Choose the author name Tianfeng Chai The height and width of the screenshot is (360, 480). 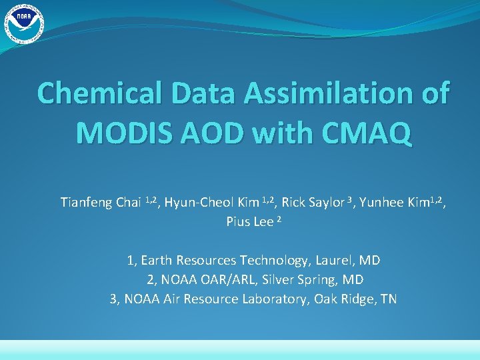pos(101,202)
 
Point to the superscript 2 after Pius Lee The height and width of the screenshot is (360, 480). pos(279,219)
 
